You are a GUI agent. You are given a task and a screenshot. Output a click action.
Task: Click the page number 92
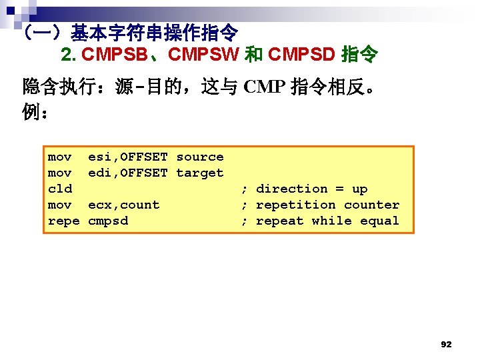click(446, 345)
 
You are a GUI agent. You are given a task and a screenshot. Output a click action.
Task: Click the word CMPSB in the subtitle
click(116, 54)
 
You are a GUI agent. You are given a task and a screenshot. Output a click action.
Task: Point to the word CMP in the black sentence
click(265, 87)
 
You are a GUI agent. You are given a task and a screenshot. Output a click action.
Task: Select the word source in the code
click(200, 157)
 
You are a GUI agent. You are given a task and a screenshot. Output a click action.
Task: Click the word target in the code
click(200, 173)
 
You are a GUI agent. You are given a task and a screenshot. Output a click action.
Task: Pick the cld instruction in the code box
click(60, 189)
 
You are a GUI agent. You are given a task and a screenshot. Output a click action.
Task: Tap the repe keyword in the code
click(64, 221)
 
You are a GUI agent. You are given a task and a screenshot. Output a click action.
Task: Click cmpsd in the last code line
click(108, 221)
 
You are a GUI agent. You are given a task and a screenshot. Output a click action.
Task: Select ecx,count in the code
click(124, 205)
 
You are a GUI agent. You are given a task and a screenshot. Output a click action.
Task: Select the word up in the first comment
click(360, 189)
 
